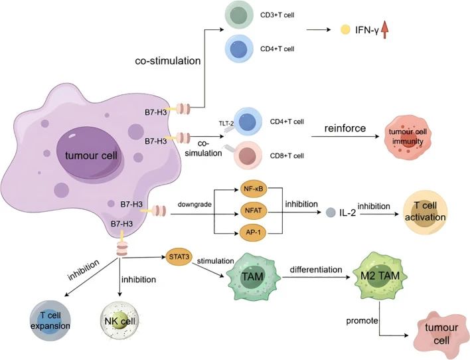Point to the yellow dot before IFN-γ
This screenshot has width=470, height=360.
(345, 31)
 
